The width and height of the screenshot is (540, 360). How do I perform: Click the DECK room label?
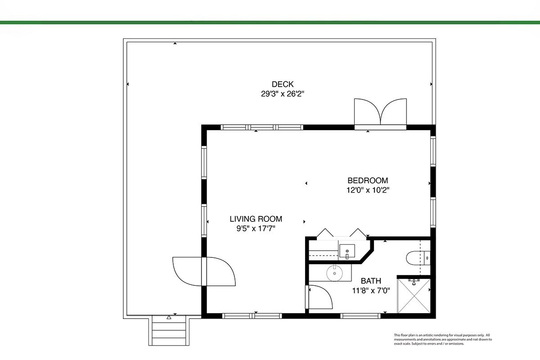pos(283,84)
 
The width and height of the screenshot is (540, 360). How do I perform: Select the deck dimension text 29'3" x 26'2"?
pos(283,94)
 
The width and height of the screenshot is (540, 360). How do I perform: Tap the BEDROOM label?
pos(368,180)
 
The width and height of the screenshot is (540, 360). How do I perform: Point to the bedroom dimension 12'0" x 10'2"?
pos(368,190)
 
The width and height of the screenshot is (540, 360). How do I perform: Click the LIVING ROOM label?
pos(256,219)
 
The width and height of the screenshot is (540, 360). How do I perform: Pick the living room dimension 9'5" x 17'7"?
pos(256,228)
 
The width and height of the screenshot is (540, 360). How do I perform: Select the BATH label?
pos(371,281)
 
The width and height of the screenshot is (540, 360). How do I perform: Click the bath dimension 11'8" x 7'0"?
pos(371,291)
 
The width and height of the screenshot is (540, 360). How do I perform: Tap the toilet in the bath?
pos(418,258)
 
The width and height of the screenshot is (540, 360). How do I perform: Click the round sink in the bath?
pos(335,273)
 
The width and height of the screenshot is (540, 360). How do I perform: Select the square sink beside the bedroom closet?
pos(347,251)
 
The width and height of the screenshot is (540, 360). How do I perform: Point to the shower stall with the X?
pos(414,296)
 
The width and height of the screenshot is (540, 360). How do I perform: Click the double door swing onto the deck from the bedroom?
pos(380,112)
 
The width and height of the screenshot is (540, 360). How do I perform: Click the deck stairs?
pos(169,330)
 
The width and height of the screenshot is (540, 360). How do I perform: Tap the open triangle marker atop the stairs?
pos(169,317)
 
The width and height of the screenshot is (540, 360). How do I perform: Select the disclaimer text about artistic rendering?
pos(443,339)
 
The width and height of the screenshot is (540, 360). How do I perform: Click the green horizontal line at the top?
pos(270,22)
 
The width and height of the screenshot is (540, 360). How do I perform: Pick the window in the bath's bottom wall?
pos(360,315)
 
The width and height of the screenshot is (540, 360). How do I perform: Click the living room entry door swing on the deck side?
pos(187,271)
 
